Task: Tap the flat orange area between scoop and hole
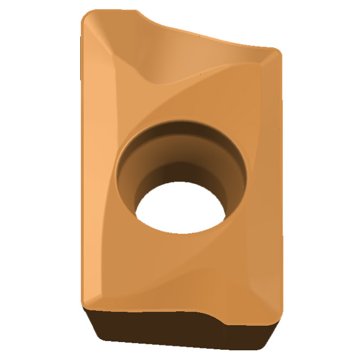coord(179,100)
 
